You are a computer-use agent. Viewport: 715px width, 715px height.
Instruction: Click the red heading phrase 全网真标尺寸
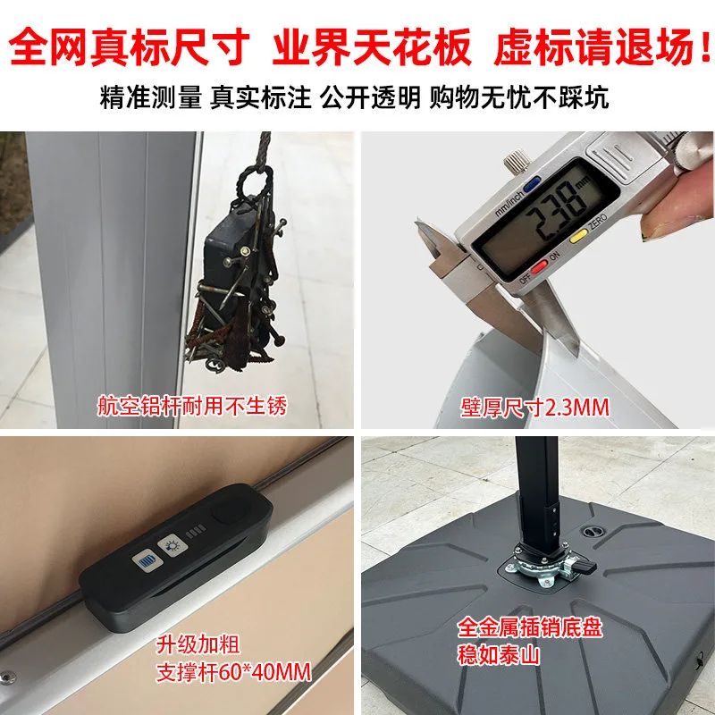129,46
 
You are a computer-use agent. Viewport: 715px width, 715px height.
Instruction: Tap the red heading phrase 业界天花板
372,46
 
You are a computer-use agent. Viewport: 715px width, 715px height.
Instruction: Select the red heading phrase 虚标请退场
594,46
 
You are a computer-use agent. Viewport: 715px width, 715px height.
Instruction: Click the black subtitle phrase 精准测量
150,97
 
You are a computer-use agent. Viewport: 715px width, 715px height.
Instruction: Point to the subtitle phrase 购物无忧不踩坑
519,97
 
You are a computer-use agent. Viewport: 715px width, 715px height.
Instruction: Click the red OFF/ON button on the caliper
539,265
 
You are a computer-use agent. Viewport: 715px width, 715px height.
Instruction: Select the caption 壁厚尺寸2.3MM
534,408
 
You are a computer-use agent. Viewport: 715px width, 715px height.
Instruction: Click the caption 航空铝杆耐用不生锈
192,406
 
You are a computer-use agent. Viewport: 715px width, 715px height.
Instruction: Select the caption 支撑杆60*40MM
233,672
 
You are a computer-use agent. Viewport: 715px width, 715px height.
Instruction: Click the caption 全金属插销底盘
530,627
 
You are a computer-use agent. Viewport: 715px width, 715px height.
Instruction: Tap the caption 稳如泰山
499,655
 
